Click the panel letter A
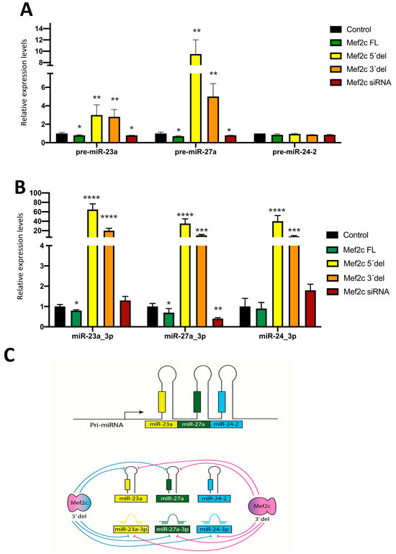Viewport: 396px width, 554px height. pyautogui.click(x=27, y=10)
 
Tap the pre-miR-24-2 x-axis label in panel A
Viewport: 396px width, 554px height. pyautogui.click(x=287, y=152)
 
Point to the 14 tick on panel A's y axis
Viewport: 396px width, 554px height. pyautogui.click(x=45, y=28)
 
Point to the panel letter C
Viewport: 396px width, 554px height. pyautogui.click(x=27, y=357)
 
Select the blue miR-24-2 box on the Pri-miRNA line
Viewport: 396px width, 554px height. pyautogui.click(x=226, y=428)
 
